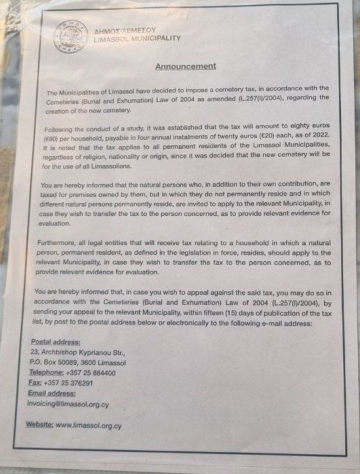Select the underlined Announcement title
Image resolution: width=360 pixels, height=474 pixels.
point(185,66)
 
